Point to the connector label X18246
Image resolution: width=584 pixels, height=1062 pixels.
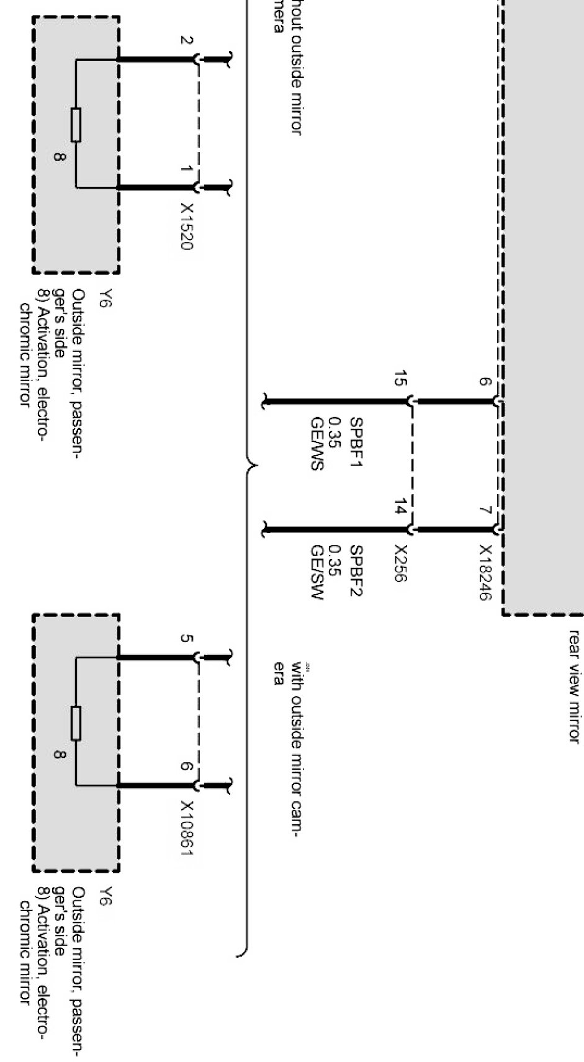(x=485, y=572)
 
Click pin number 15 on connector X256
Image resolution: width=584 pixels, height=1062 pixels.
(x=401, y=378)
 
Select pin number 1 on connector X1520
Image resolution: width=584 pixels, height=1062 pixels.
(x=186, y=169)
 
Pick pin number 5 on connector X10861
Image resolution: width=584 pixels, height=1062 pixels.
(x=186, y=638)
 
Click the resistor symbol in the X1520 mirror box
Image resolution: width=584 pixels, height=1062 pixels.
(x=76, y=125)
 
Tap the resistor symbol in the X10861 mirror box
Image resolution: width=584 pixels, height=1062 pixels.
(x=76, y=723)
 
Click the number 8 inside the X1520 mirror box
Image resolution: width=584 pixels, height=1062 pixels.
(x=59, y=158)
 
